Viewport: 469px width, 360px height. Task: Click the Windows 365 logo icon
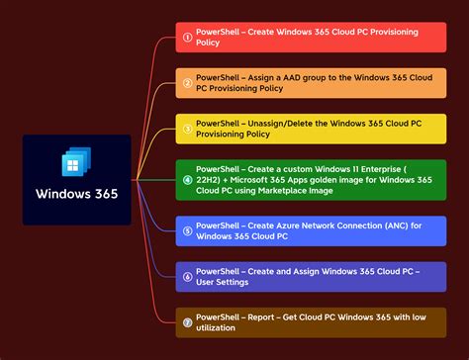pyautogui.click(x=76, y=163)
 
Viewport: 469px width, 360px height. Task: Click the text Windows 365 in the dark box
pyautogui.click(x=76, y=194)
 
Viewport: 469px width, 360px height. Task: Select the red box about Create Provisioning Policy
pyautogui.click(x=312, y=38)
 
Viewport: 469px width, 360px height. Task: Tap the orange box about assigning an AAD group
pyautogui.click(x=312, y=82)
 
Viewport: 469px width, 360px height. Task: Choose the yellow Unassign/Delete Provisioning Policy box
pyautogui.click(x=312, y=129)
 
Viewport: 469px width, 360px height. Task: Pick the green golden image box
pyautogui.click(x=312, y=180)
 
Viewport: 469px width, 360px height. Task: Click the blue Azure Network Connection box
pyautogui.click(x=312, y=231)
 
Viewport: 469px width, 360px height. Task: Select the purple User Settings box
pyautogui.click(x=312, y=276)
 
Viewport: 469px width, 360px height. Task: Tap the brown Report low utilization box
pyautogui.click(x=312, y=321)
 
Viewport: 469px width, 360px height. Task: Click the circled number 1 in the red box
pyautogui.click(x=187, y=38)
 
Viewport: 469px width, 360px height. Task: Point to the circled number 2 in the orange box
pyautogui.click(x=187, y=83)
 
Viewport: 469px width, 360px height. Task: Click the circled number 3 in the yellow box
pyautogui.click(x=187, y=129)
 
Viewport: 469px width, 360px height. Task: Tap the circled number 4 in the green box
pyautogui.click(x=187, y=180)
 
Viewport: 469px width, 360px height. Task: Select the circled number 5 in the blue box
pyautogui.click(x=187, y=231)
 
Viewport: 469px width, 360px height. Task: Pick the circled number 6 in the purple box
pyautogui.click(x=187, y=276)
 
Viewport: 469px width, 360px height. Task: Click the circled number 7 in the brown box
pyautogui.click(x=187, y=321)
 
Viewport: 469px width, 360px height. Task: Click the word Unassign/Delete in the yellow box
pyautogui.click(x=282, y=123)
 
